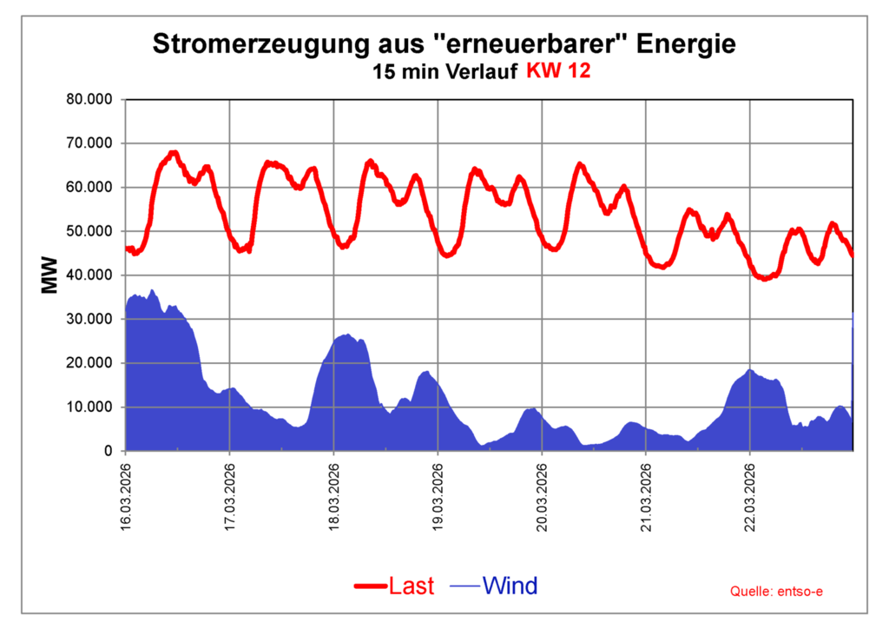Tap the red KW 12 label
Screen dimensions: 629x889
pyautogui.click(x=558, y=72)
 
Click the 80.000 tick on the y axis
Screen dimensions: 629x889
pyautogui.click(x=90, y=99)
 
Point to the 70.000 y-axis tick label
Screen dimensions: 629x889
pyautogui.click(x=90, y=143)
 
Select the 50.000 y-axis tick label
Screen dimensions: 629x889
pyautogui.click(x=90, y=231)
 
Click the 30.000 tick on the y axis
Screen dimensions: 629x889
pyautogui.click(x=90, y=319)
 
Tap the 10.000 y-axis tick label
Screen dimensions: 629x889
pyautogui.click(x=90, y=407)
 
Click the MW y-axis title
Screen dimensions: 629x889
pyautogui.click(x=50, y=275)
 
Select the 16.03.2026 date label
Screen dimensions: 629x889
pyautogui.click(x=126, y=492)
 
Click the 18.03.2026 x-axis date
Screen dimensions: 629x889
pyautogui.click(x=334, y=492)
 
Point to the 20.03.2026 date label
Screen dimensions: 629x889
pyautogui.click(x=542, y=492)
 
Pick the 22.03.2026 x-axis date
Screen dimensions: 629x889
pyautogui.click(x=750, y=492)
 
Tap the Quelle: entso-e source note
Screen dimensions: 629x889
pyautogui.click(x=776, y=592)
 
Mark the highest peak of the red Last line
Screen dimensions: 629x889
pyautogui.click(x=174, y=153)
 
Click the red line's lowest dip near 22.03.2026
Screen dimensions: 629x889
pyautogui.click(x=764, y=279)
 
